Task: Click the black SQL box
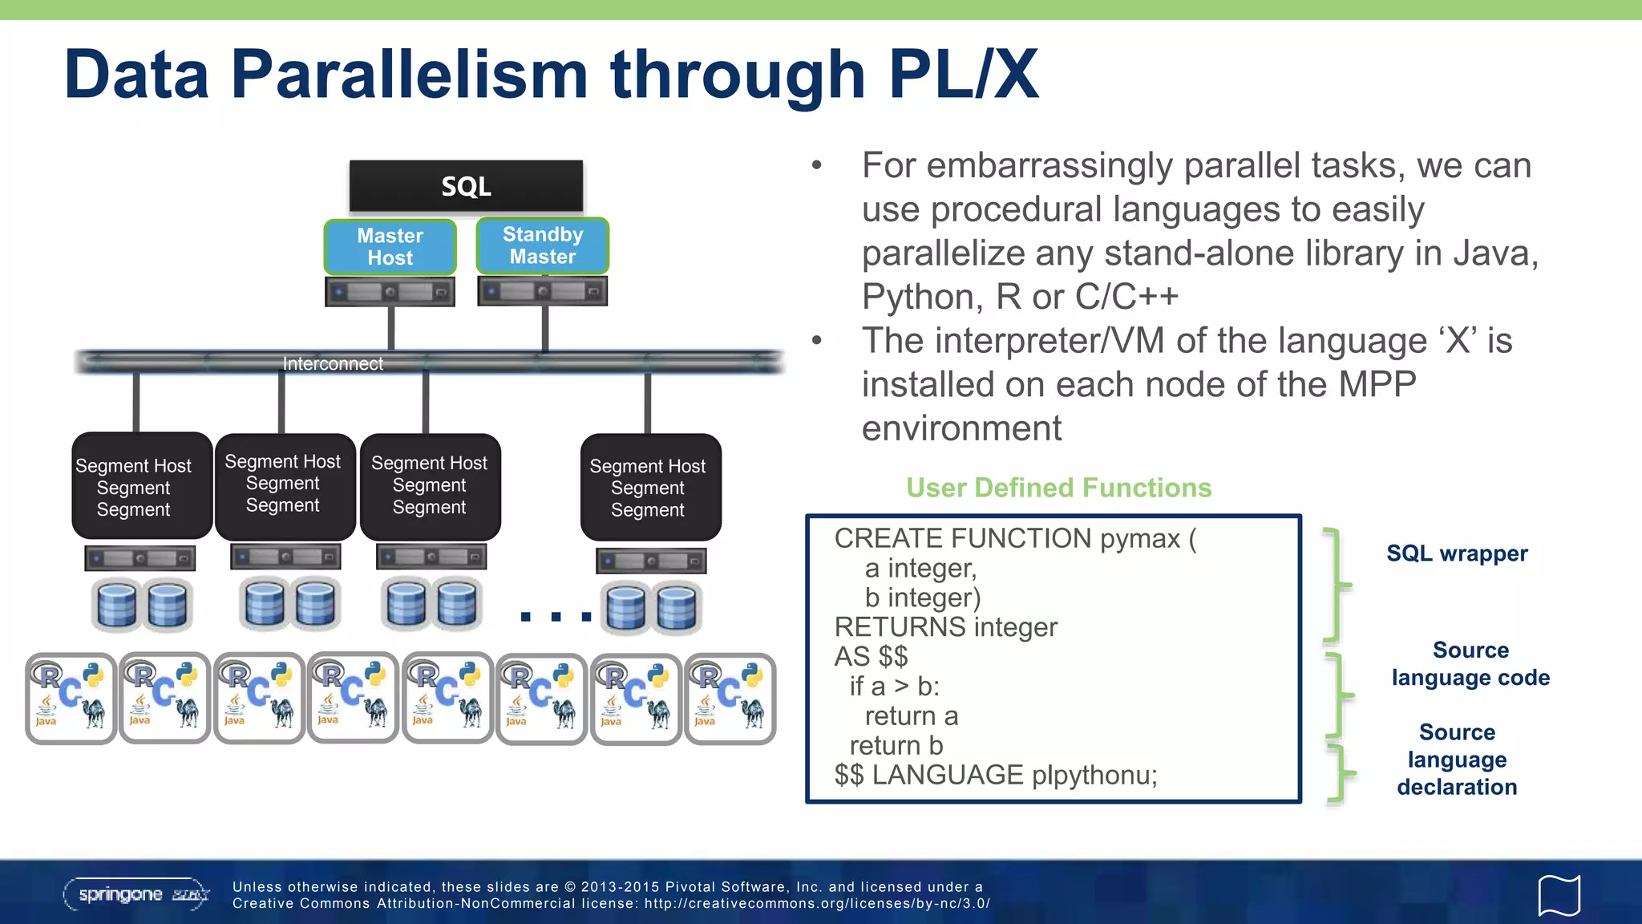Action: [x=466, y=186]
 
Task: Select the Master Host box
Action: [x=390, y=247]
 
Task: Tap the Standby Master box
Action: [x=543, y=245]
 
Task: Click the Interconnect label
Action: [x=333, y=363]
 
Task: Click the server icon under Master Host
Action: [x=390, y=292]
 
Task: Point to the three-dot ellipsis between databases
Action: [x=556, y=616]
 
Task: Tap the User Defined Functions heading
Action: [x=1058, y=488]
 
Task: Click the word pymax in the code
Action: [x=1140, y=538]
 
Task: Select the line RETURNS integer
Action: [x=945, y=627]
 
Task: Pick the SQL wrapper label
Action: [x=1457, y=553]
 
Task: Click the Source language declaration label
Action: [x=1457, y=759]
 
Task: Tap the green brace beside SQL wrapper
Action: [x=1337, y=586]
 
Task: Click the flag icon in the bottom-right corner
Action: [x=1559, y=895]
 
